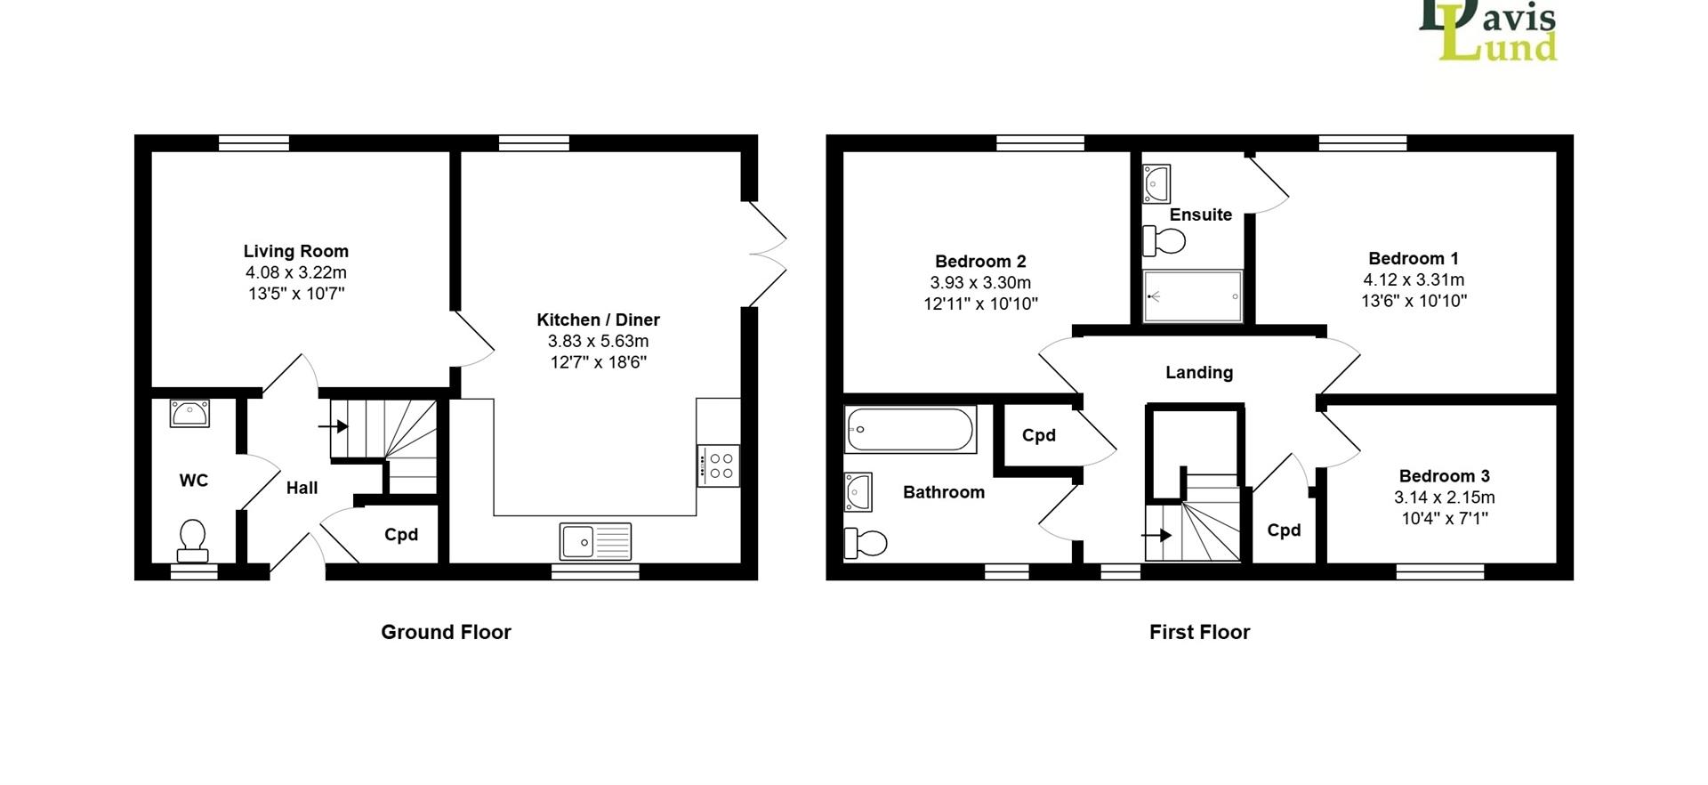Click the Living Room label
tap(296, 251)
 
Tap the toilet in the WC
tap(192, 541)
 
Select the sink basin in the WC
tap(189, 414)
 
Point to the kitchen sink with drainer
tap(595, 540)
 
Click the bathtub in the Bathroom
tap(911, 430)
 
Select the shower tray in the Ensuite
tap(1192, 295)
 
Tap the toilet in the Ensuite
tap(1164, 240)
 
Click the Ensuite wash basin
tap(1156, 184)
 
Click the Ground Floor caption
tap(446, 632)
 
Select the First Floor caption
tap(1199, 632)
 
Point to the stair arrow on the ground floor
tap(333, 426)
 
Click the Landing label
tap(1199, 372)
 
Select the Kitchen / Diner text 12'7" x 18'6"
tap(598, 362)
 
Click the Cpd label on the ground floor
tap(401, 535)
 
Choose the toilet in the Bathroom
tap(866, 542)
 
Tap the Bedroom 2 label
tap(980, 261)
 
